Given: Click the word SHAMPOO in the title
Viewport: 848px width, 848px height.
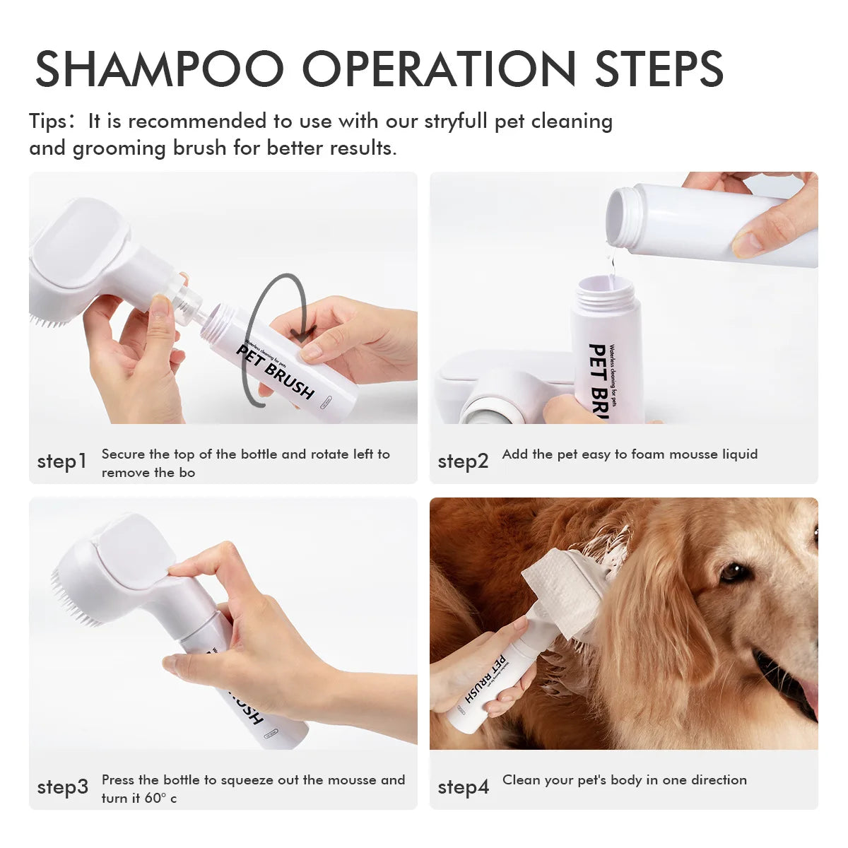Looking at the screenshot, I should click(x=159, y=69).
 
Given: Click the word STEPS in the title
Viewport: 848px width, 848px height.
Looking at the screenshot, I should click(x=659, y=69).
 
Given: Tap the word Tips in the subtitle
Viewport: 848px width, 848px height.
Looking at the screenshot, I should click(x=47, y=122).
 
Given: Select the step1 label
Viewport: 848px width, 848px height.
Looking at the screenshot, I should click(x=62, y=461).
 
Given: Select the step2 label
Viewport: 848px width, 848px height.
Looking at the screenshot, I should click(x=463, y=461).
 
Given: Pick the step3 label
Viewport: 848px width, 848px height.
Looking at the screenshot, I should click(x=63, y=787).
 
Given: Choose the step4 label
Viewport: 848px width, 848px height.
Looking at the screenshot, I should click(x=463, y=787).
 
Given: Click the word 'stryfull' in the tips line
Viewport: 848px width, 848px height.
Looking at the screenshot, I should click(x=455, y=122).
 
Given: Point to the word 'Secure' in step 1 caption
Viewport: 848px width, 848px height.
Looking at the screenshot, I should click(x=123, y=454).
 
